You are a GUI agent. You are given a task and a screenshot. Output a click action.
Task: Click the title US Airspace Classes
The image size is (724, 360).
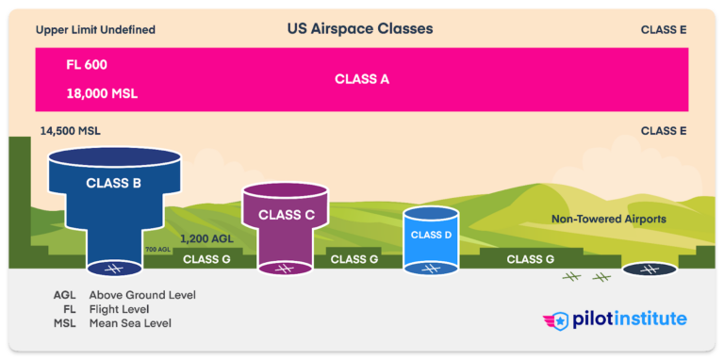360,29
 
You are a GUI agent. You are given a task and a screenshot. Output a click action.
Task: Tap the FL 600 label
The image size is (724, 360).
86,65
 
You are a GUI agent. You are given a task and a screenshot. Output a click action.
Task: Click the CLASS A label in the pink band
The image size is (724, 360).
362,79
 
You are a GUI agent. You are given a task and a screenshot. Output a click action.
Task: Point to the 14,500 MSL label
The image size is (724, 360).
72,131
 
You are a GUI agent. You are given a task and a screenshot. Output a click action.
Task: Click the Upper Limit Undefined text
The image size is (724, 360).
95,30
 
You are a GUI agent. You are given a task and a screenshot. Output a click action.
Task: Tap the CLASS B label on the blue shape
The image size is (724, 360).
113,183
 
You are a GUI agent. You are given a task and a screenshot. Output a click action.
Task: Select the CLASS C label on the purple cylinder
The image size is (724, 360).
286,214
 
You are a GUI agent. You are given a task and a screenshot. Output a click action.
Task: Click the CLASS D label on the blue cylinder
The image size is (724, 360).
432,235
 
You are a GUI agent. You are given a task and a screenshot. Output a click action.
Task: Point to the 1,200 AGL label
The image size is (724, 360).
206,239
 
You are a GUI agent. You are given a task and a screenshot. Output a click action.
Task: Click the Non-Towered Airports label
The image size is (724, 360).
608,219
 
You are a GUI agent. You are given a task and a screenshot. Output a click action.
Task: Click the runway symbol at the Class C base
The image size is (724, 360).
286,270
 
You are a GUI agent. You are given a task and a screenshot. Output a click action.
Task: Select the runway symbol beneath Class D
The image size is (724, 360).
432,270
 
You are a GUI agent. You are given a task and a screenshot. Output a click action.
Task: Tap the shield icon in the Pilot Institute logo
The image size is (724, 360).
560,319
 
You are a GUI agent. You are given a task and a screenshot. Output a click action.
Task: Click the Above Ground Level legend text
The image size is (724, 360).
142,295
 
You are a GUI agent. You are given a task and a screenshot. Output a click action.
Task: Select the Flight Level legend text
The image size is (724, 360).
120,309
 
